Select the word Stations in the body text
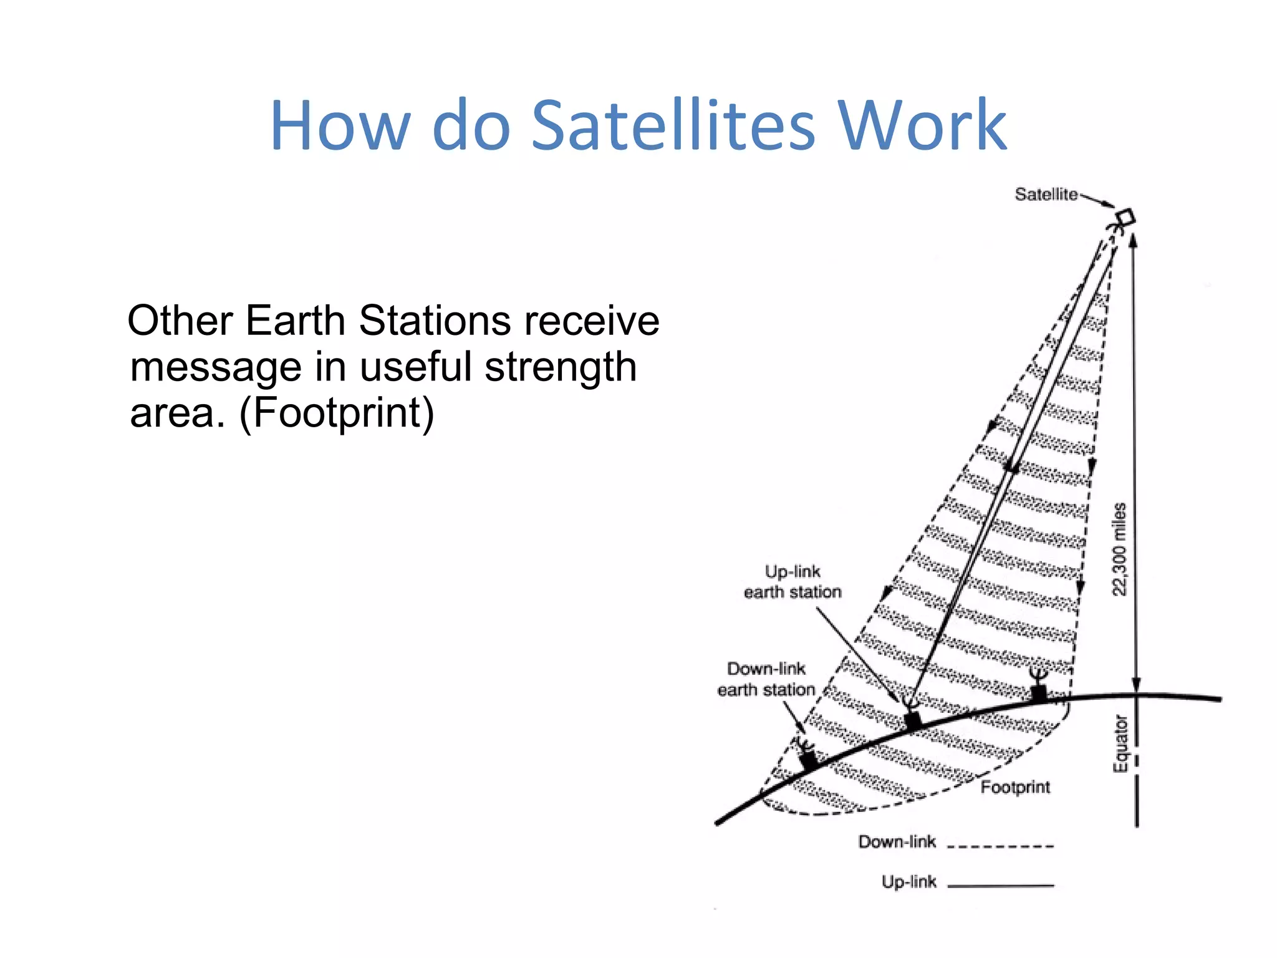pos(435,321)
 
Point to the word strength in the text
pos(561,367)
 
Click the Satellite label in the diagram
pos(1046,195)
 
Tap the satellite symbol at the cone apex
pos(1124,220)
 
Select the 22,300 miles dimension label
pos(1120,549)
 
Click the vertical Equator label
pos(1120,743)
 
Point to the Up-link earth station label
pos(793,581)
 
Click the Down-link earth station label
pos(766,679)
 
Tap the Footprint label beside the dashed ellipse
pos(1015,787)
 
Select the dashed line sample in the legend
pos(1000,846)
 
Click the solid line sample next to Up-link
pos(1000,885)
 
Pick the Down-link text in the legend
pos(897,842)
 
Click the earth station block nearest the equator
pos(1038,693)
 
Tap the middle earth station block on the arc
pos(912,720)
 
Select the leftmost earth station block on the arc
pos(809,759)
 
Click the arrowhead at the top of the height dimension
pos(1134,240)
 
